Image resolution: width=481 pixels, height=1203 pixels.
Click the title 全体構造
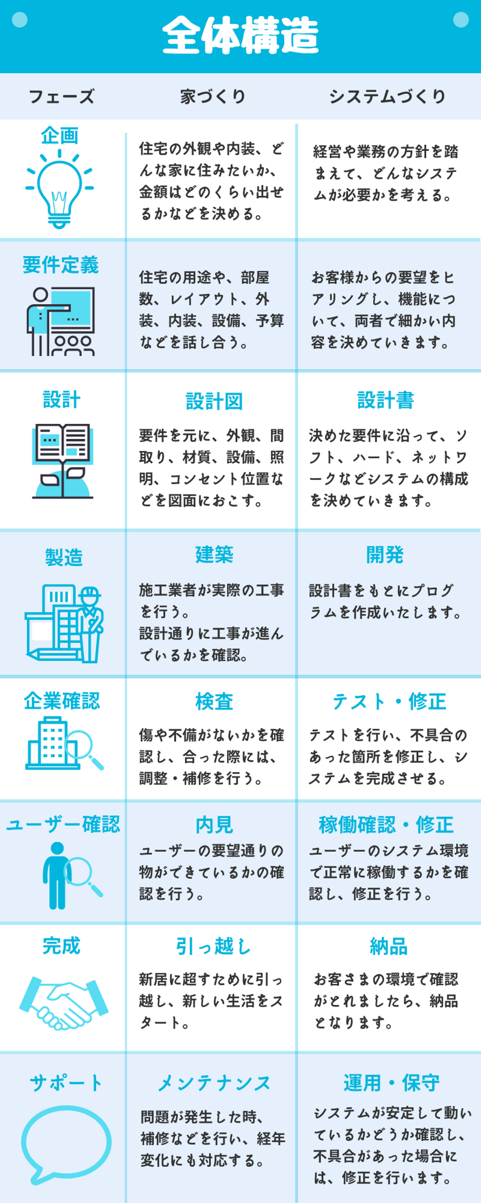[x=240, y=35]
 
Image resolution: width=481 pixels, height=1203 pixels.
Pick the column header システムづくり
[x=387, y=97]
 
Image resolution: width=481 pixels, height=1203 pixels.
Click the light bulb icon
[x=59, y=189]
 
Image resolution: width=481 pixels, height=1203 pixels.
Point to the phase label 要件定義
[x=61, y=265]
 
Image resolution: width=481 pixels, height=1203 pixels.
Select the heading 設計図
[x=214, y=401]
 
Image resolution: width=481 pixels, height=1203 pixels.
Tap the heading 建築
[x=214, y=554]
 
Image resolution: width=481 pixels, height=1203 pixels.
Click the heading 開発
[x=385, y=555]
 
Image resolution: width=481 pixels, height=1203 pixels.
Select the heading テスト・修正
[x=389, y=701]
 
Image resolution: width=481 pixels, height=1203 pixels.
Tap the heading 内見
[x=214, y=825]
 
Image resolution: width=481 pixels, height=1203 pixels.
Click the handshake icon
[x=64, y=1002]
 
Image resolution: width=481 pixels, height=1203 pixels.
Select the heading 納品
[x=388, y=947]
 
